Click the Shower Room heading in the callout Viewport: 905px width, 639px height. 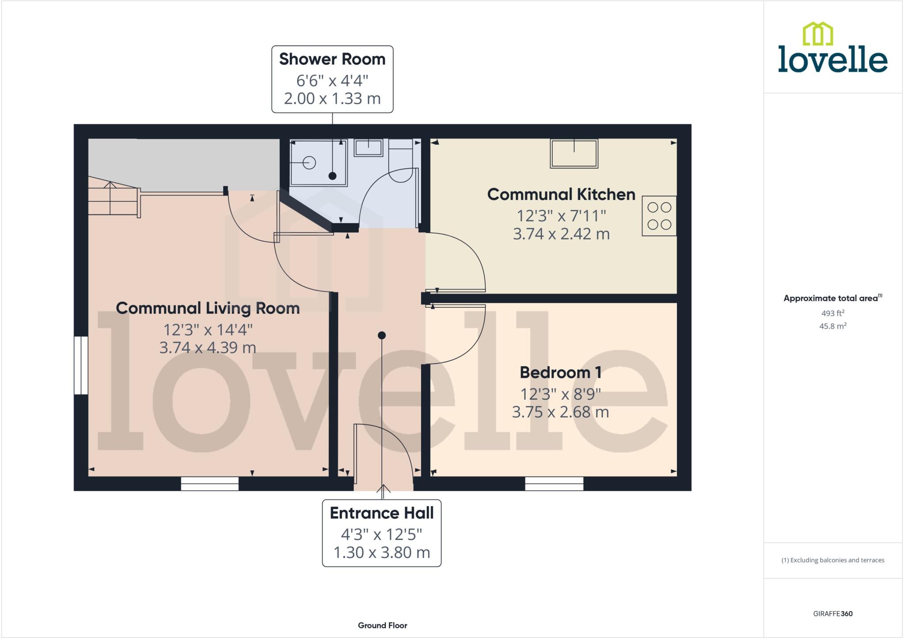coord(332,59)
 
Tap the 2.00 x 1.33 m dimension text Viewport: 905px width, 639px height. coord(332,98)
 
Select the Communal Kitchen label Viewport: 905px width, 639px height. coord(561,194)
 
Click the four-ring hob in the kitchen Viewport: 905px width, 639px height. coord(659,216)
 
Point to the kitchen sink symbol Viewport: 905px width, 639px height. coord(574,153)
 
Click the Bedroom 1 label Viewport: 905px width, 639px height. coord(560,372)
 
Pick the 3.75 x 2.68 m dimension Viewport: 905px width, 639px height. coord(560,412)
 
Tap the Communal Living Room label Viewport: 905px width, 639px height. coord(208,308)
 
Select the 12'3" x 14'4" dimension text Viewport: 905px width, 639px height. coord(208,329)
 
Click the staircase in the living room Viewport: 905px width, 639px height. coord(113,197)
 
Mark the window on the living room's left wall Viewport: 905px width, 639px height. coord(81,365)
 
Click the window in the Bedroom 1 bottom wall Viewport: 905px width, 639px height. coord(554,484)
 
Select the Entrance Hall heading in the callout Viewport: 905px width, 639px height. coord(381,513)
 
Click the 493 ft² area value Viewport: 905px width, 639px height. coord(833,313)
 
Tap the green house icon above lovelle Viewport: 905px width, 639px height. coord(818,34)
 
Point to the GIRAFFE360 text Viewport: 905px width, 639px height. coord(833,613)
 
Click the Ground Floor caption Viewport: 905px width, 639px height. coord(382,625)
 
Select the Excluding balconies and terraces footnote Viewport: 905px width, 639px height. coord(833,560)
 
